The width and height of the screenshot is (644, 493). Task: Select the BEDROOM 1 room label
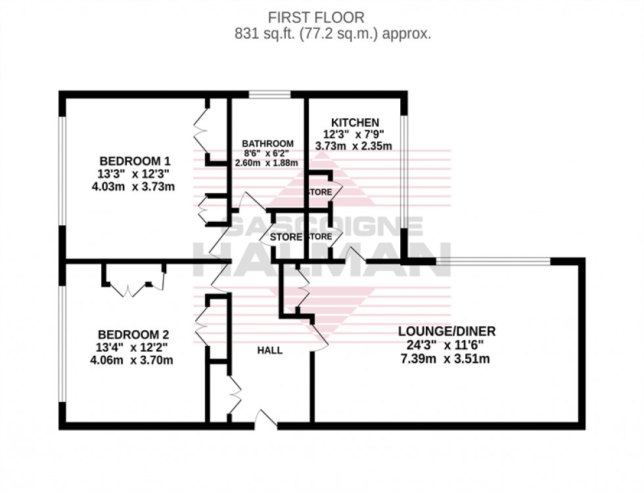(x=135, y=161)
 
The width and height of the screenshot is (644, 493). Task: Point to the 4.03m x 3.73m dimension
(x=135, y=186)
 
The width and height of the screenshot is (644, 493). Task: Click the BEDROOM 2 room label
(x=135, y=335)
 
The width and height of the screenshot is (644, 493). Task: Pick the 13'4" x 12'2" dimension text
(x=135, y=347)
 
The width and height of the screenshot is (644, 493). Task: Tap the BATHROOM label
(x=267, y=144)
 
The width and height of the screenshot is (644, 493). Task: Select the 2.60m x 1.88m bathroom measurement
(x=267, y=163)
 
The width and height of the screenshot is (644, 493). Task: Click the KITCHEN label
(x=355, y=123)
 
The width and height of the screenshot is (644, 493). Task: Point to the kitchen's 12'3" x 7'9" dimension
(x=355, y=135)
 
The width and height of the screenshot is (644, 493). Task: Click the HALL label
(x=270, y=351)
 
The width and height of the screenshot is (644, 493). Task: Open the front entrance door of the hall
(x=265, y=420)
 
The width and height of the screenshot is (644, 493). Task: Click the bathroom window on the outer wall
(x=269, y=95)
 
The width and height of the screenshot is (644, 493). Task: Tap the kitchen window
(x=405, y=167)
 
